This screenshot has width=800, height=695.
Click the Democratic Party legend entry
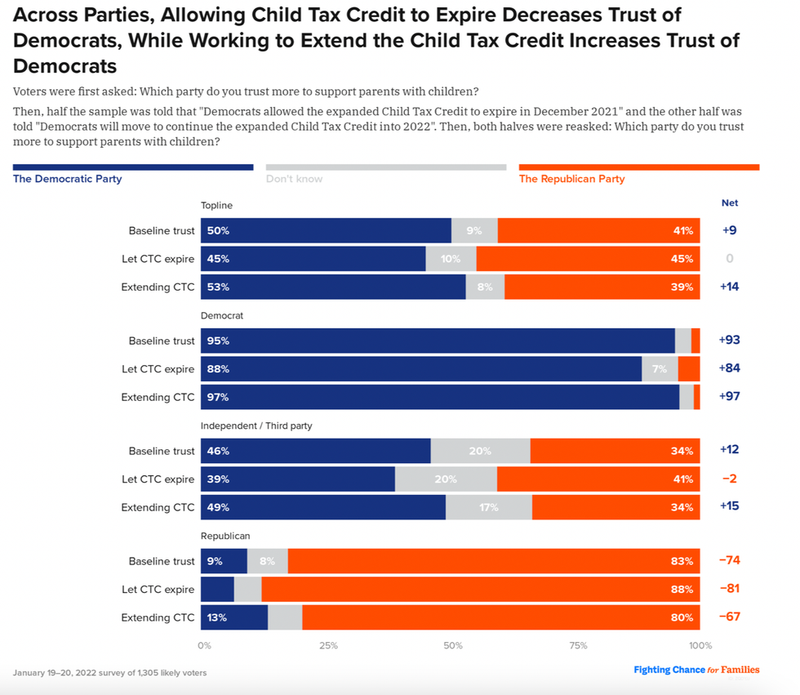coord(67,179)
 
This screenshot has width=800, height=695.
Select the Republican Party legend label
coord(571,179)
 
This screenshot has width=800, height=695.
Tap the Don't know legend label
coord(294,179)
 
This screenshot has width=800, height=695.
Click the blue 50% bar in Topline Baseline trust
coord(326,231)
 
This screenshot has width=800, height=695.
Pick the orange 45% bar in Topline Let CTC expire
coord(588,259)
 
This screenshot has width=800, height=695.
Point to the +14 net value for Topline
coord(729,287)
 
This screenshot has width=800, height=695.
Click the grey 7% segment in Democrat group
coord(660,369)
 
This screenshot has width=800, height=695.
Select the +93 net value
coord(729,341)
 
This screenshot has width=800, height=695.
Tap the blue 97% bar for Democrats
coord(440,397)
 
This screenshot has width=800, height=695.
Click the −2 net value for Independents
coord(729,479)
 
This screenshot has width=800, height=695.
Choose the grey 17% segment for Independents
coord(489,507)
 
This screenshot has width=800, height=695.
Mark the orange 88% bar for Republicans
coord(480,589)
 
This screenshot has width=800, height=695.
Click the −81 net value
coord(729,589)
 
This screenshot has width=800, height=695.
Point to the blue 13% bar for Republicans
coord(234,617)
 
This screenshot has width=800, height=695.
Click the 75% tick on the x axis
coord(578,646)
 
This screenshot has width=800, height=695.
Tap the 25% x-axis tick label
coord(328,646)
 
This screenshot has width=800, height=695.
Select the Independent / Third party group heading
coord(256,425)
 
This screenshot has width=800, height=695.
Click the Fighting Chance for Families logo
coord(696,670)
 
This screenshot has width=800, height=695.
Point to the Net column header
coord(729,203)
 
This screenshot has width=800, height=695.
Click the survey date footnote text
coord(109,673)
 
